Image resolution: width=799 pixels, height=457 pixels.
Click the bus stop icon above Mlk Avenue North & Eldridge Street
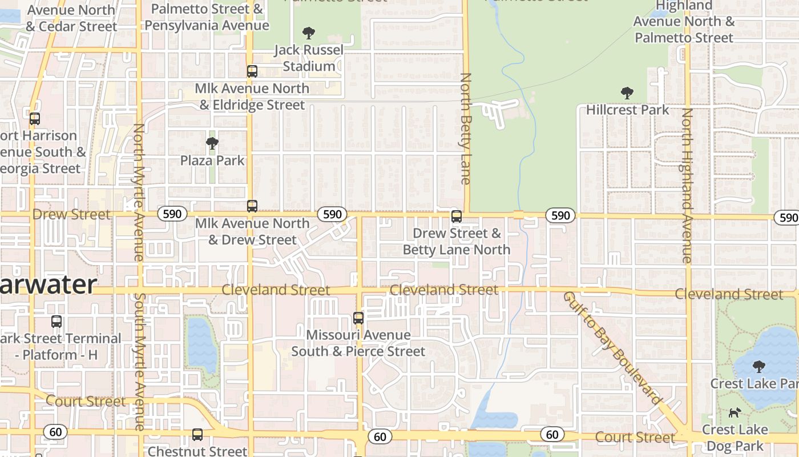pyautogui.click(x=252, y=71)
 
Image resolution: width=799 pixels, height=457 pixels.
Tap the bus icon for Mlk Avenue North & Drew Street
pyautogui.click(x=252, y=206)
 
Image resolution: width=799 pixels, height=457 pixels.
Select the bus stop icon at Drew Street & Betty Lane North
pyautogui.click(x=456, y=217)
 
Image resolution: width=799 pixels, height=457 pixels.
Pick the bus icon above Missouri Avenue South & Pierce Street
pyautogui.click(x=358, y=318)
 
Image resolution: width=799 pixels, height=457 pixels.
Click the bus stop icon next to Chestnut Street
pyautogui.click(x=197, y=435)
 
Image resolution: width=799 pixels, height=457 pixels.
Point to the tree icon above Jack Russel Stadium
pyautogui.click(x=309, y=33)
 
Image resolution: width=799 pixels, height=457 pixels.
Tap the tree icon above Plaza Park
pyautogui.click(x=212, y=143)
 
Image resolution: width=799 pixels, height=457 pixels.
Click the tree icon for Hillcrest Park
pyautogui.click(x=627, y=93)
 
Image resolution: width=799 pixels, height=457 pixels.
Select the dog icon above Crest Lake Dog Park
pyautogui.click(x=735, y=412)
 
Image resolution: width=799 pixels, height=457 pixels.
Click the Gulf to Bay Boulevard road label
pyautogui.click(x=611, y=347)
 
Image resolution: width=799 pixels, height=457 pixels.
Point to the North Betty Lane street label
pyautogui.click(x=466, y=129)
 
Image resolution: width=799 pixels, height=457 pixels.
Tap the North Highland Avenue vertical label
pyautogui.click(x=687, y=186)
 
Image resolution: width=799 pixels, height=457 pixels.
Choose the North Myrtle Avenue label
pyautogui.click(x=138, y=192)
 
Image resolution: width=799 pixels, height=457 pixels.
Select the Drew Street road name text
pyautogui.click(x=71, y=214)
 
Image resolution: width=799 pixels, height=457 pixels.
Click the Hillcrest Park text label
pyautogui.click(x=627, y=110)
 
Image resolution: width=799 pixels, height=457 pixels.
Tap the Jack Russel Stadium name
pyautogui.click(x=309, y=58)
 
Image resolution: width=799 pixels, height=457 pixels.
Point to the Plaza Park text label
pyautogui.click(x=212, y=161)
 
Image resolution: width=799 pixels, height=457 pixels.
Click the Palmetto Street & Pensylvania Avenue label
pyautogui.click(x=207, y=17)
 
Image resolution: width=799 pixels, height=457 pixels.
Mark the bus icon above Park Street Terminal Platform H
pyautogui.click(x=56, y=321)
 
